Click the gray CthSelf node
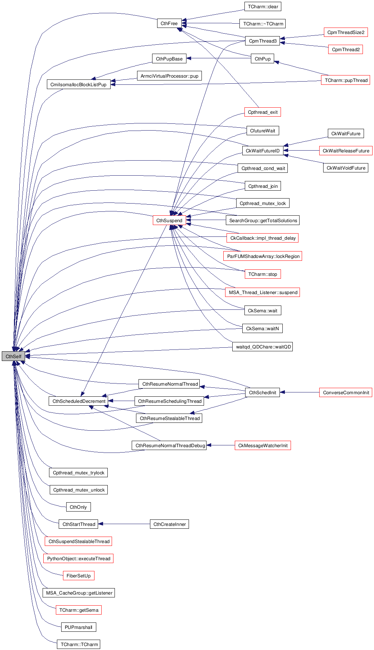coord(13,356)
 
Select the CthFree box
coord(169,24)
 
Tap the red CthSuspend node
coord(169,220)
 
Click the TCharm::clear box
coord(263,6)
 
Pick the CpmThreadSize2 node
coord(346,33)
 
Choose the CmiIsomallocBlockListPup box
coord(78,85)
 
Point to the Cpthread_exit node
coord(263,112)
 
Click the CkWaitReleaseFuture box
coord(346,151)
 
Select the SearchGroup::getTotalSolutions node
coord(263,221)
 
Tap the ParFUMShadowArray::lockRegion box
coord(263,256)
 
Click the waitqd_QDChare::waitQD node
coord(263,347)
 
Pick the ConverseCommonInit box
coord(346,393)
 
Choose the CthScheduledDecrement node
coord(79,401)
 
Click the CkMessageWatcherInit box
coord(263,446)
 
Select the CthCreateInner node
coord(170,524)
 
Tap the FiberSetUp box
coord(78,576)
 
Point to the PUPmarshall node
coord(78,627)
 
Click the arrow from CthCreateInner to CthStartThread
coord(124,524)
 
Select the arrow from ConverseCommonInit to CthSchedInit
coord(300,392)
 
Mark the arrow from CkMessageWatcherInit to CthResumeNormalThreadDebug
coord(220,445)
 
